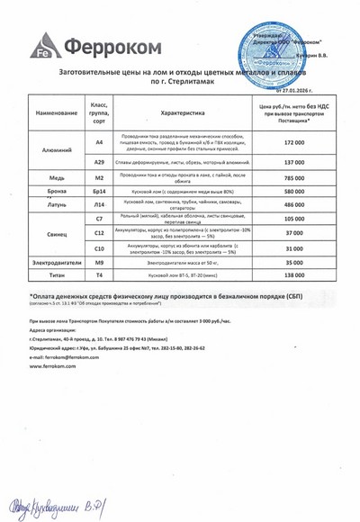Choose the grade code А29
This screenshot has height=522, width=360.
pyautogui.click(x=100, y=162)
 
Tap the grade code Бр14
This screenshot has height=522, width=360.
pyautogui.click(x=100, y=193)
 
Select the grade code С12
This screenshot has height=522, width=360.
pyautogui.click(x=100, y=232)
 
